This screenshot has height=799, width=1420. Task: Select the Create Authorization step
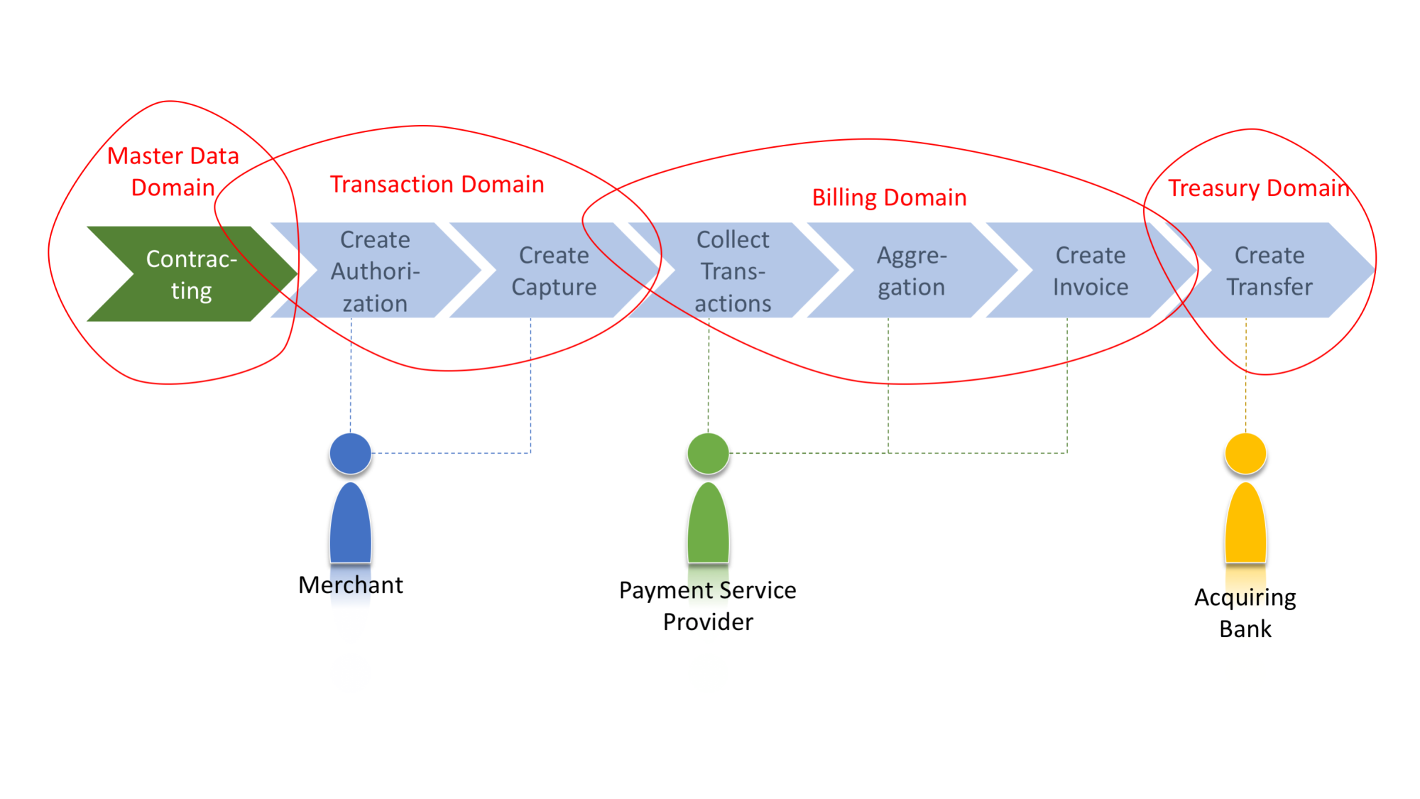pyautogui.click(x=375, y=271)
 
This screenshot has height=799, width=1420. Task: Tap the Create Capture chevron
pyautogui.click(x=554, y=271)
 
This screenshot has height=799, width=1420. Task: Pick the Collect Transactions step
pyautogui.click(x=733, y=271)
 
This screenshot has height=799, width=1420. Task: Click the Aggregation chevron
pyautogui.click(x=912, y=271)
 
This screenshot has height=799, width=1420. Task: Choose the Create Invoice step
pyautogui.click(x=1091, y=271)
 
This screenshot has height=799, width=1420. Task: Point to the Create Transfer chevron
pyautogui.click(x=1269, y=271)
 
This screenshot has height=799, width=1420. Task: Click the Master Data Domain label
pyautogui.click(x=173, y=171)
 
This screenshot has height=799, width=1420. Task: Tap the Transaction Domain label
pyautogui.click(x=437, y=185)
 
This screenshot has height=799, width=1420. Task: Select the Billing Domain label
pyautogui.click(x=889, y=197)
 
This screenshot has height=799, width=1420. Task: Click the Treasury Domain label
pyautogui.click(x=1258, y=188)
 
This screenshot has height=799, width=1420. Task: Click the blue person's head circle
pyautogui.click(x=351, y=453)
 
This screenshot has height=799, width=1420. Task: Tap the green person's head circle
pyautogui.click(x=708, y=453)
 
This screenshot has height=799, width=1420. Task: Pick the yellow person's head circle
pyautogui.click(x=1245, y=453)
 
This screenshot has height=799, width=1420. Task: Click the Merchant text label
pyautogui.click(x=351, y=585)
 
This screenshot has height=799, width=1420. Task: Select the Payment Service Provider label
pyautogui.click(x=708, y=606)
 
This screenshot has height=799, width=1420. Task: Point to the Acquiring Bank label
pyautogui.click(x=1245, y=613)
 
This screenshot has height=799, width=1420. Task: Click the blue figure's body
pyautogui.click(x=351, y=526)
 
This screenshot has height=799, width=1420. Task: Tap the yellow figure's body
pyautogui.click(x=1245, y=526)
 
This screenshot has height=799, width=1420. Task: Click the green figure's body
pyautogui.click(x=708, y=526)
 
